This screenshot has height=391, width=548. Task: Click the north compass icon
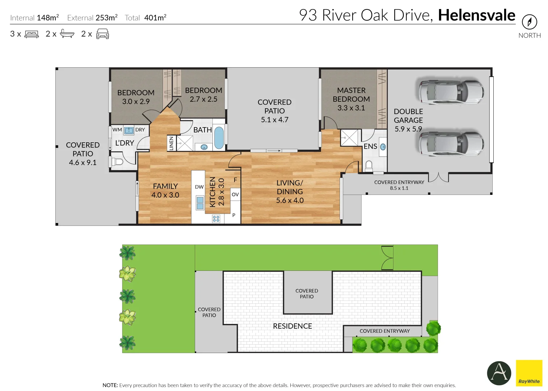pyautogui.click(x=529, y=22)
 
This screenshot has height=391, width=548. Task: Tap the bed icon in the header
pyautogui.click(x=31, y=34)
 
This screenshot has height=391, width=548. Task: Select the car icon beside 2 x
pyautogui.click(x=102, y=34)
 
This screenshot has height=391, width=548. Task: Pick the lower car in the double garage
pyautogui.click(x=451, y=143)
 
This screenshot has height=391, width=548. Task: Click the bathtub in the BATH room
pyautogui.click(x=219, y=138)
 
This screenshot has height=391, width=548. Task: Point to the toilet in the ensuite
pyautogui.click(x=369, y=166)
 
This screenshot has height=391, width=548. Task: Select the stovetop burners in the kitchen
pyautogui.click(x=216, y=219)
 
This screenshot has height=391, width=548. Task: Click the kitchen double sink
pyautogui.click(x=200, y=203)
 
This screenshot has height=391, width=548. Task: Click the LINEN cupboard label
pyautogui.click(x=172, y=143)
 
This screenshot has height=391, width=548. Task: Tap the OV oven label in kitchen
pyautogui.click(x=235, y=194)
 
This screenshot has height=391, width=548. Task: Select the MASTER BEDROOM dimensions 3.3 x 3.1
pyautogui.click(x=351, y=108)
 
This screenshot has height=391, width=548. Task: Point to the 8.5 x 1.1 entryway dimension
pyautogui.click(x=399, y=188)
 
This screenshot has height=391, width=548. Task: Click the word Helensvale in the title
pyautogui.click(x=476, y=15)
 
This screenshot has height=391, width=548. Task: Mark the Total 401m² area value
pyautogui.click(x=155, y=18)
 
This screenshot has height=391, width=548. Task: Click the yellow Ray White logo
pyautogui.click(x=529, y=373)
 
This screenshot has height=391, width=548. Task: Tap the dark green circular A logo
pyautogui.click(x=499, y=373)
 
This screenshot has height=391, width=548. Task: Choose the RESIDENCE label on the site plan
pyautogui.click(x=292, y=326)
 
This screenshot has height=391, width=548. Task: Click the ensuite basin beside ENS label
pyautogui.click(x=383, y=147)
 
